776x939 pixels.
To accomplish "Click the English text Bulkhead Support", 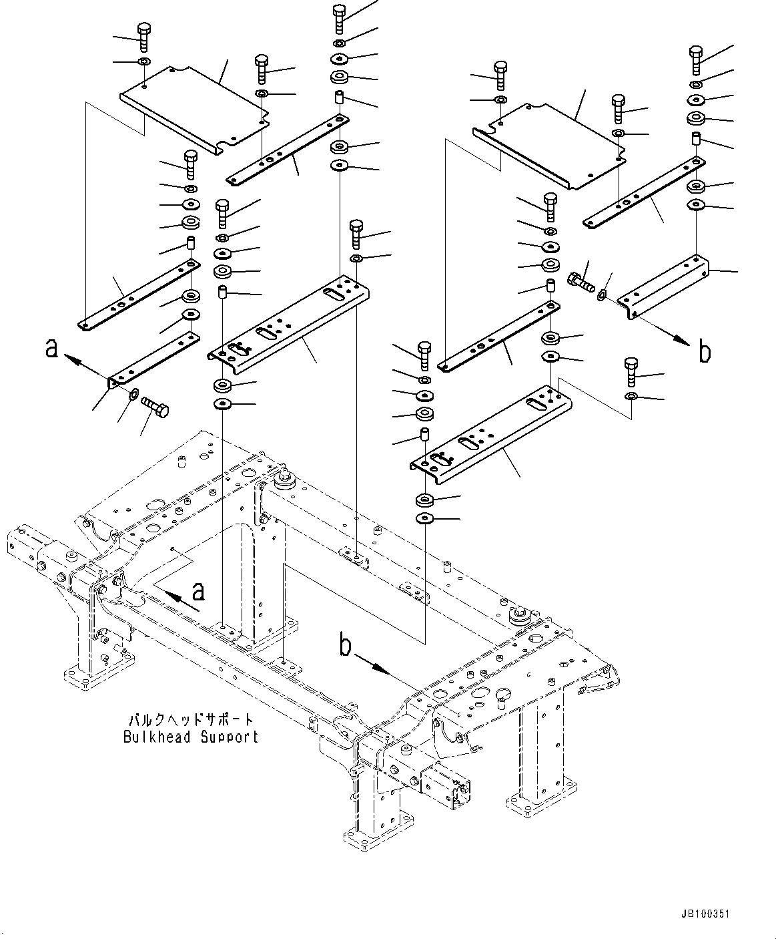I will pyautogui.click(x=191, y=737).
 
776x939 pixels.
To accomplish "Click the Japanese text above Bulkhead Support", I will pyautogui.click(x=191, y=720).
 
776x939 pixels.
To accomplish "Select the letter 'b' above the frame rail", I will pyautogui.click(x=345, y=645).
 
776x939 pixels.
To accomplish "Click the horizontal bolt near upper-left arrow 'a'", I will pyautogui.click(x=155, y=405).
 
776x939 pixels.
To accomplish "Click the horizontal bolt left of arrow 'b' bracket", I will pyautogui.click(x=580, y=281).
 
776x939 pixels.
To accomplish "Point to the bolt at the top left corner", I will pyautogui.click(x=144, y=36).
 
